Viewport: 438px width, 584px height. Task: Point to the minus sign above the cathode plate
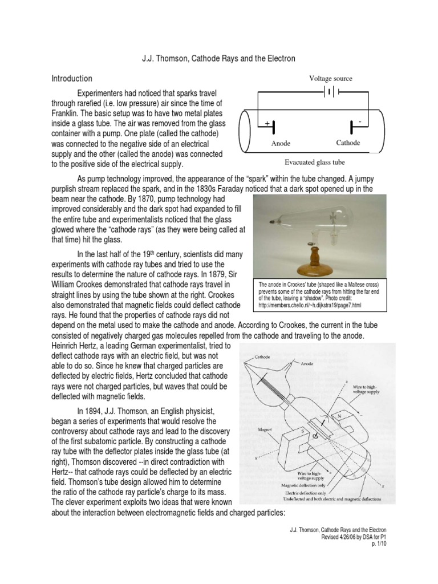pos(359,122)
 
